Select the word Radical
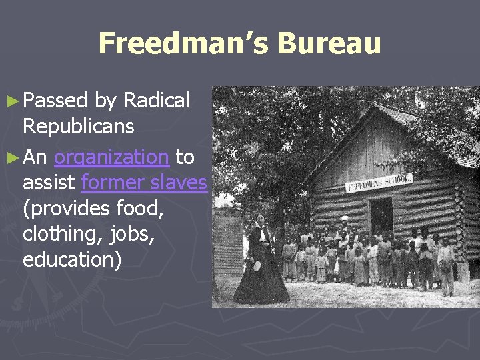[x=156, y=101]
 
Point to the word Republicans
[x=78, y=127]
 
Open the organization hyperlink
[x=111, y=157]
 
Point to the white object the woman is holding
[x=256, y=265]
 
